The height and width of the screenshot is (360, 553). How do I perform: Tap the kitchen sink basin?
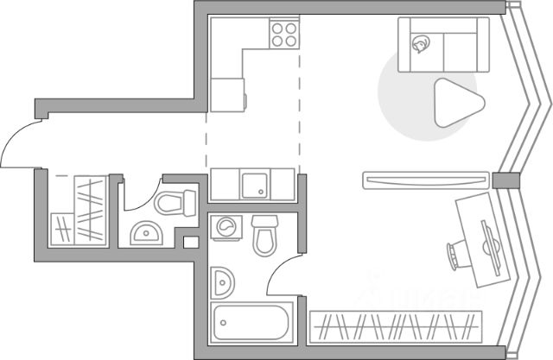point(254,184)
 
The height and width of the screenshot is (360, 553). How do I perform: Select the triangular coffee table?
point(452,103)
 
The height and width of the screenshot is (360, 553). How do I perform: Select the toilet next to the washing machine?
point(265,235)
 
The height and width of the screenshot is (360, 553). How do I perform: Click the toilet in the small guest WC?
point(176,203)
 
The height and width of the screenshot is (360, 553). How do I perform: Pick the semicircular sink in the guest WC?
point(144,233)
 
